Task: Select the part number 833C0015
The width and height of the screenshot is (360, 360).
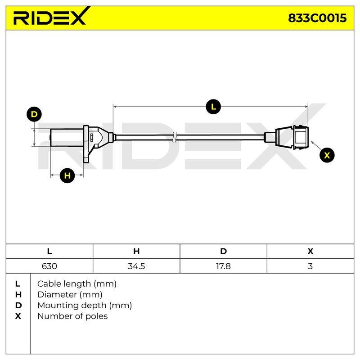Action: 317,18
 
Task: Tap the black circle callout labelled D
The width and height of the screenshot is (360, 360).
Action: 34,114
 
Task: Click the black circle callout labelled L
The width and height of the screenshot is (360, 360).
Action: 213,107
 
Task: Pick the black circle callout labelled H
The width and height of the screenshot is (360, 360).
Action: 67,175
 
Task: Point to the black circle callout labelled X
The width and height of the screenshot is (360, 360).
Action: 327,155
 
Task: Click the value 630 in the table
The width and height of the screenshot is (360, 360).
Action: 49,266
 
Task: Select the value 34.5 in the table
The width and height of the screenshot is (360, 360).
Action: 136,266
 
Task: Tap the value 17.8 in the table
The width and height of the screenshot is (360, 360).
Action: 223,266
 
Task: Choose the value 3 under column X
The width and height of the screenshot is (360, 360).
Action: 310,266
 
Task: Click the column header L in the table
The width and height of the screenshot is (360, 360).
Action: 49,252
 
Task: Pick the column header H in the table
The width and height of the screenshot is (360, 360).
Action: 136,252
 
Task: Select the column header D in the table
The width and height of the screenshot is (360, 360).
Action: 223,252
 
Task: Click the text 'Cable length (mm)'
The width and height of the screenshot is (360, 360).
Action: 77,284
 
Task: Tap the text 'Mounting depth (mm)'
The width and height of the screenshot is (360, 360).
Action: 85,306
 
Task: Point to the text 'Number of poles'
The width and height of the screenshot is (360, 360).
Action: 72,316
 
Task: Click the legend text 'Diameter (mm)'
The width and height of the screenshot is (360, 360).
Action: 70,295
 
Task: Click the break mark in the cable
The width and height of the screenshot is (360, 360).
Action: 175,138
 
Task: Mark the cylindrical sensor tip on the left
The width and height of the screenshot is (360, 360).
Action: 67,138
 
